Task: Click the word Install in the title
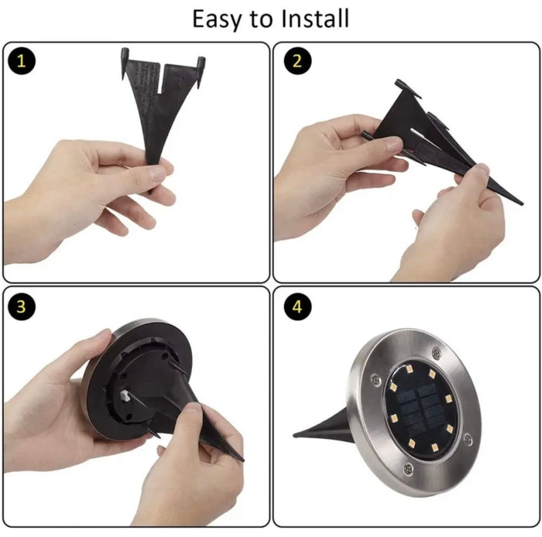(314, 19)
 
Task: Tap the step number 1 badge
(21, 61)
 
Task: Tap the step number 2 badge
(297, 61)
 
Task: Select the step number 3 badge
(21, 306)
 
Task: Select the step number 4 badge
(297, 306)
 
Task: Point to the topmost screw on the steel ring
(436, 353)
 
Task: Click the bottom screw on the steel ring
(408, 469)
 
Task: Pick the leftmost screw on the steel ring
(376, 380)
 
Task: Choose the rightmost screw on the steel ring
(468, 440)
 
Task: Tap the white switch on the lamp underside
(125, 395)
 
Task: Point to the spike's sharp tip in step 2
(522, 204)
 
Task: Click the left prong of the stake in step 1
(125, 63)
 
